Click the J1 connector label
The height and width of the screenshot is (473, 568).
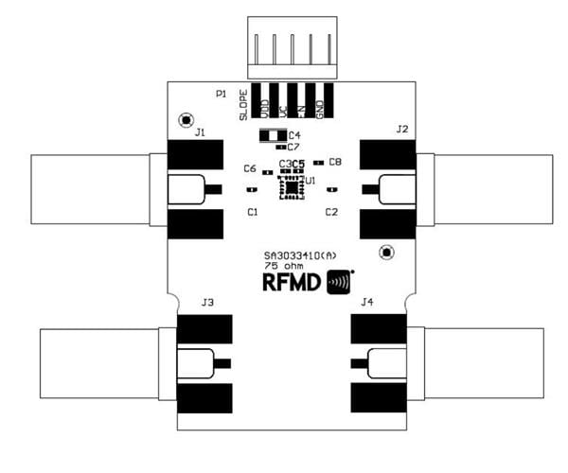(200, 132)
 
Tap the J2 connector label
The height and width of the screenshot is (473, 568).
(402, 129)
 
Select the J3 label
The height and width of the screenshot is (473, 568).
(207, 303)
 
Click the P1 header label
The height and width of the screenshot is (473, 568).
(220, 94)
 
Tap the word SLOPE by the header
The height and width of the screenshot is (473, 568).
(243, 104)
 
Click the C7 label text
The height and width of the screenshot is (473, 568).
(293, 147)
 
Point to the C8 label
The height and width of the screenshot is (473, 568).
(335, 162)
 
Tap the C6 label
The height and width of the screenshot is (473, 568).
(250, 168)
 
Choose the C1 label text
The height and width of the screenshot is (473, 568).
(253, 212)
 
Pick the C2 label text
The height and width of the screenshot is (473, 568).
(331, 212)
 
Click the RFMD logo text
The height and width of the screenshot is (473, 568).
(293, 283)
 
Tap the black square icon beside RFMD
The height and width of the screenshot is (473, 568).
(340, 283)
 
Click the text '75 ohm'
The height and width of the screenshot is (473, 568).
(282, 266)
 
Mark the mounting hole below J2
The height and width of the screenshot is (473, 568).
(385, 253)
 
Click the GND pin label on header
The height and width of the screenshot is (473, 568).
(328, 101)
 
